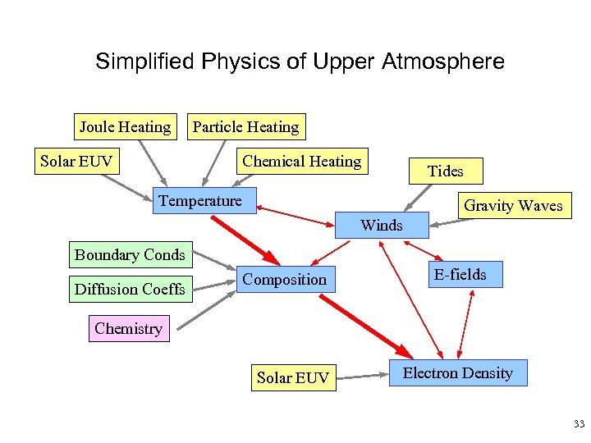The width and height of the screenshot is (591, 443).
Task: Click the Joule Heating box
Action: click(125, 126)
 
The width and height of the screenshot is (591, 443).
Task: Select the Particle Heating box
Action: click(245, 126)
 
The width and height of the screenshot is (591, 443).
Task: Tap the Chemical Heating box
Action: click(301, 161)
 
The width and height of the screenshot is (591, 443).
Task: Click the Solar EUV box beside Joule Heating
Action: click(76, 161)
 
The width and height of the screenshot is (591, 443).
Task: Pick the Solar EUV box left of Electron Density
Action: click(292, 377)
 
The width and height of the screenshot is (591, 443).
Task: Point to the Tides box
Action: click(445, 171)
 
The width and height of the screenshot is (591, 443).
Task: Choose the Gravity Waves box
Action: click(513, 205)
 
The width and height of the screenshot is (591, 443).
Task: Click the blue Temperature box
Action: click(200, 201)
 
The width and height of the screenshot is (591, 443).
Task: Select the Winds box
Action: click(382, 224)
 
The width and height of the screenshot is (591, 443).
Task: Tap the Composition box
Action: click(284, 279)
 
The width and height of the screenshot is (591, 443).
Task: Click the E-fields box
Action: click(460, 274)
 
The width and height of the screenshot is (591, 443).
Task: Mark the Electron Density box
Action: click(457, 373)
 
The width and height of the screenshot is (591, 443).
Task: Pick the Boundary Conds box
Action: click(130, 254)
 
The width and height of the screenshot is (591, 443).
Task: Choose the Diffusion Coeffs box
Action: click(130, 289)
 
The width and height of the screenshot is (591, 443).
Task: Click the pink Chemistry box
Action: click(128, 328)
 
